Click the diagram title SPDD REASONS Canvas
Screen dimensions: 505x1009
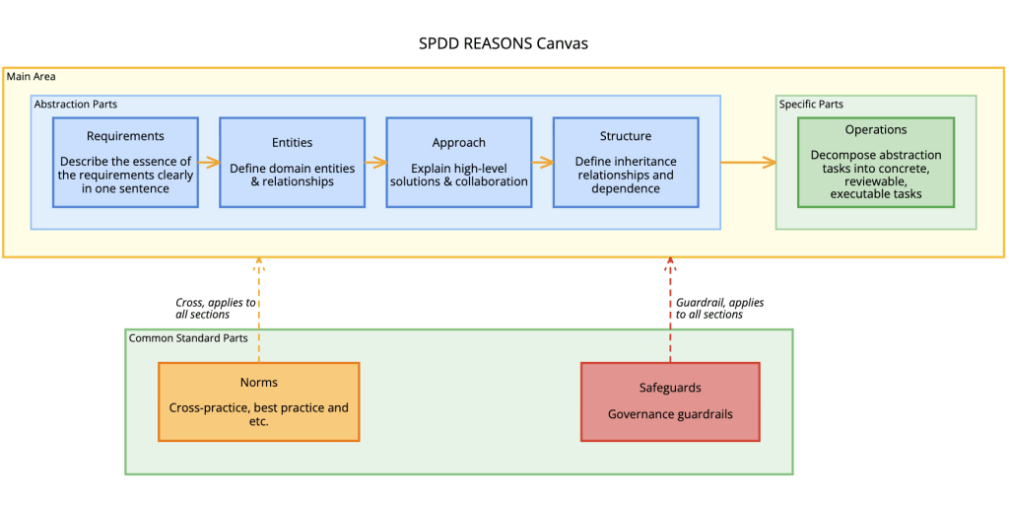[x=504, y=43]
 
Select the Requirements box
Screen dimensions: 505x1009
[x=125, y=162]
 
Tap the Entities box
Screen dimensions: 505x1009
[x=292, y=162]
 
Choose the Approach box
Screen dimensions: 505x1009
[x=458, y=162]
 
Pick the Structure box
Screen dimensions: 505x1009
[x=625, y=162]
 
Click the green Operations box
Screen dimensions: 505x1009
[x=875, y=162]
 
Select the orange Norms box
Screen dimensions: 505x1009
[x=258, y=401]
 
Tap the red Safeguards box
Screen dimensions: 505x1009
[x=670, y=401]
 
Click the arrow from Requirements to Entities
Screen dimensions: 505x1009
[x=208, y=162]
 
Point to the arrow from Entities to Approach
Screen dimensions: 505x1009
[x=374, y=162]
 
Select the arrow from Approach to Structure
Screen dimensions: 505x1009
[x=541, y=162]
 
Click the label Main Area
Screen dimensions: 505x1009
[x=31, y=76]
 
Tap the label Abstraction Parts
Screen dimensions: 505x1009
[x=75, y=104]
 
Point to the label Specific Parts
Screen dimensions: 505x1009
[x=811, y=104]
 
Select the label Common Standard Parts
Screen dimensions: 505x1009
[x=187, y=338]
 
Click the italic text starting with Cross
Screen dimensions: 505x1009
[x=208, y=308]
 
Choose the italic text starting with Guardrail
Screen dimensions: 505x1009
[x=719, y=308]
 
